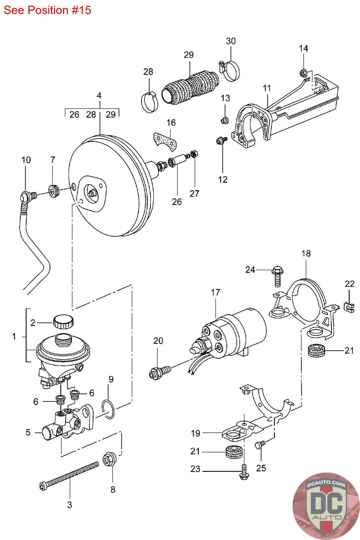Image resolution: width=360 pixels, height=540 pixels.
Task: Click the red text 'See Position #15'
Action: tap(47, 10)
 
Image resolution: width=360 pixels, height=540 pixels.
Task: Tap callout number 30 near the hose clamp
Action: tap(230, 41)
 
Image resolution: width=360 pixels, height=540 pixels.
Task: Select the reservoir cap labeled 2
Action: tap(63, 322)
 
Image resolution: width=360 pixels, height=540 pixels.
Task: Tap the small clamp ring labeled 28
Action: tap(149, 103)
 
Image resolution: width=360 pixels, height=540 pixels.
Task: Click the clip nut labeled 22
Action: tap(349, 307)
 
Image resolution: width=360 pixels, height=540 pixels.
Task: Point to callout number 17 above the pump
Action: tap(215, 292)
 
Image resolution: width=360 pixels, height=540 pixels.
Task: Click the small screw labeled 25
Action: tap(260, 444)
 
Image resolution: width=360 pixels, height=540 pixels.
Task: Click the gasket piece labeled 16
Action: tap(165, 142)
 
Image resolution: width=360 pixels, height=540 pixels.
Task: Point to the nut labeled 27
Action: tap(194, 153)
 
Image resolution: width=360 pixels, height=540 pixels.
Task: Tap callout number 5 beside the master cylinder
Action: tap(28, 432)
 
